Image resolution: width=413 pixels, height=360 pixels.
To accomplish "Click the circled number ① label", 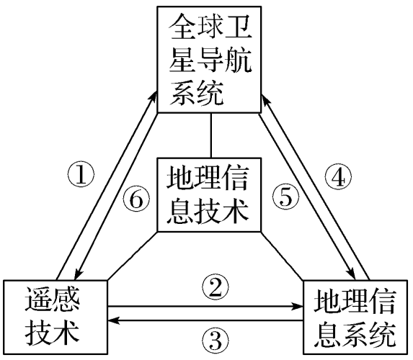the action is [x=81, y=175].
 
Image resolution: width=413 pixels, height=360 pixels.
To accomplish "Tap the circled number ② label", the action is [x=216, y=287].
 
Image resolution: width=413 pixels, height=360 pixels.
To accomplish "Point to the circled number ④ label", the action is [x=338, y=178].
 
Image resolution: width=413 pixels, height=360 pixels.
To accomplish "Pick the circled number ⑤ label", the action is [x=285, y=197].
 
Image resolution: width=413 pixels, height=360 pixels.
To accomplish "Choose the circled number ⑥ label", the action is [x=137, y=198].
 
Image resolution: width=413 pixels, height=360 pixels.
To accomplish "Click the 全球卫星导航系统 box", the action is [x=209, y=60].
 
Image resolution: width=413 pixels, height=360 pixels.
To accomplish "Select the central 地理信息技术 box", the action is [x=209, y=194].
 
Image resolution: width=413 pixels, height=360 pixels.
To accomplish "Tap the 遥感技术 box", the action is [x=55, y=317].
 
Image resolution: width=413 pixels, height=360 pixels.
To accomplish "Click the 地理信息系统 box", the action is [x=355, y=318].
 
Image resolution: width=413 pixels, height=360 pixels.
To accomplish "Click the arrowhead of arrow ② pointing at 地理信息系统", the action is [x=298, y=306].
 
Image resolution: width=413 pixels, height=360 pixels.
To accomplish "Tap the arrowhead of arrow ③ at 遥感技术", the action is [x=113, y=320].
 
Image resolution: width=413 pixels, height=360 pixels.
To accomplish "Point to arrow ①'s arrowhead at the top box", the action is [x=154, y=96].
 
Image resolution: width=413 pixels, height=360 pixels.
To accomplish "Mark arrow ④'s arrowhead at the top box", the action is [x=265, y=101].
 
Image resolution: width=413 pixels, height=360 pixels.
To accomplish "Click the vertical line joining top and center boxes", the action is [x=211, y=135].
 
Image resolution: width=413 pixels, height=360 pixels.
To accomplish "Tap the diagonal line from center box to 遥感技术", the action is [x=133, y=256].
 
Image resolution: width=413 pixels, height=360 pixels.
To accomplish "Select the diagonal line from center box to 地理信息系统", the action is [x=282, y=256].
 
